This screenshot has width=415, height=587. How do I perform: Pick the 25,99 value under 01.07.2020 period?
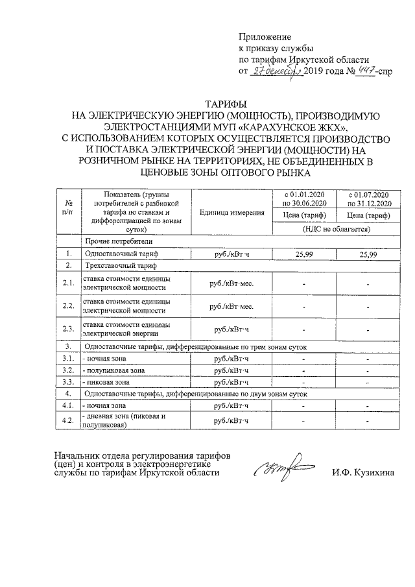pyautogui.click(x=368, y=254)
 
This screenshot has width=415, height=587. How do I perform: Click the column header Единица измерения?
pyautogui.click(x=231, y=212)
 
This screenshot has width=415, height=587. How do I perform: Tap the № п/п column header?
pyautogui.click(x=68, y=207)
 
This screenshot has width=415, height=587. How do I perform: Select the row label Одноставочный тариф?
pyautogui.click(x=121, y=254)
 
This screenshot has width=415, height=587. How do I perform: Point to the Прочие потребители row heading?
pyautogui.click(x=115, y=241)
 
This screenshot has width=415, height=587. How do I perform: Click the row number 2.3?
pyautogui.click(x=67, y=329)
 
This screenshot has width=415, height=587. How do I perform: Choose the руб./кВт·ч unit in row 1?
pyautogui.click(x=231, y=254)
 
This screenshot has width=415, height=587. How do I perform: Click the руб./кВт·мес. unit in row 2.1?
pyautogui.click(x=231, y=283)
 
